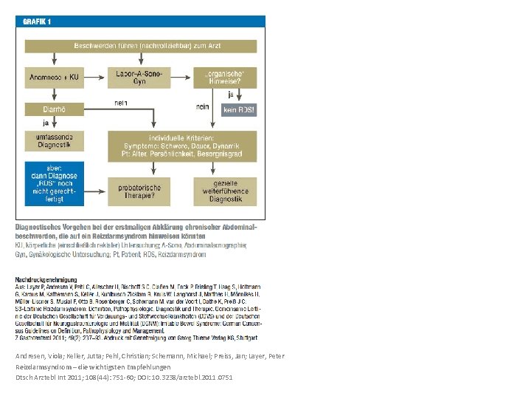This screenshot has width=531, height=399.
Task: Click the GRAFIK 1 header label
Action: pyautogui.click(x=38, y=22)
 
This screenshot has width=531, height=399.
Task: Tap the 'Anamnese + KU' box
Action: pyautogui.click(x=53, y=78)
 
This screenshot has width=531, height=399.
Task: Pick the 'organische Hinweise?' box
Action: pyautogui.click(x=226, y=77)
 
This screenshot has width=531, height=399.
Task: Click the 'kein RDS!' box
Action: pyautogui.click(x=237, y=109)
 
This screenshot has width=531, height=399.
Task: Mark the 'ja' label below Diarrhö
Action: pyautogui.click(x=46, y=123)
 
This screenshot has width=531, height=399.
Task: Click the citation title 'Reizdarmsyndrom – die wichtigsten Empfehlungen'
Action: pyautogui.click(x=93, y=366)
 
